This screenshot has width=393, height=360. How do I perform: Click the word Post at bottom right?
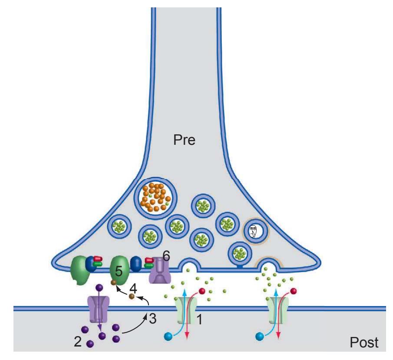[x=364, y=343]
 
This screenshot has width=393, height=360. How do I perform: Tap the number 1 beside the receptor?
[x=200, y=320]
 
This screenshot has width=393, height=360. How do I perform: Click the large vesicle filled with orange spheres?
[x=155, y=196]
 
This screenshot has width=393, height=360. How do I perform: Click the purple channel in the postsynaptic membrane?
[x=98, y=310]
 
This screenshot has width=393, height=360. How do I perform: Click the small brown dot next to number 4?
[x=132, y=297]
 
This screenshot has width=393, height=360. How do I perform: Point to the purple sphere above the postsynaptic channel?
[x=99, y=287]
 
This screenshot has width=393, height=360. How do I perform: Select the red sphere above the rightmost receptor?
[x=294, y=291]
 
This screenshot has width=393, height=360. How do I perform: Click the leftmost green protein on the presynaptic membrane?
[x=79, y=270]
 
